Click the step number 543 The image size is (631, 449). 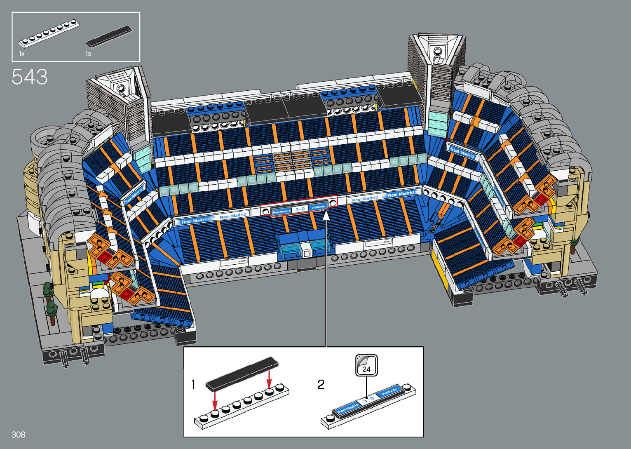pyautogui.click(x=30, y=77)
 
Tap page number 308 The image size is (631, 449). pyautogui.click(x=19, y=435)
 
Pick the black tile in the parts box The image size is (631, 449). pyautogui.click(x=110, y=36)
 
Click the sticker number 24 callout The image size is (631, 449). pyautogui.click(x=366, y=365)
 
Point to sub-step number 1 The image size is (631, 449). pyautogui.click(x=193, y=385)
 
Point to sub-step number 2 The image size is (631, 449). pyautogui.click(x=321, y=385)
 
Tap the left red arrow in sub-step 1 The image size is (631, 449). pyautogui.click(x=215, y=401)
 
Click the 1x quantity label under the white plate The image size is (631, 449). pyautogui.click(x=22, y=54)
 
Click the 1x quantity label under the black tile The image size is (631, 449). pyautogui.click(x=88, y=54)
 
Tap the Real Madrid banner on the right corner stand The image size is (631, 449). pyautogui.click(x=462, y=152)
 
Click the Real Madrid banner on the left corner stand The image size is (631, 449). pyautogui.click(x=134, y=195)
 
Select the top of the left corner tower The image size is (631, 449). pyautogui.click(x=122, y=86)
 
